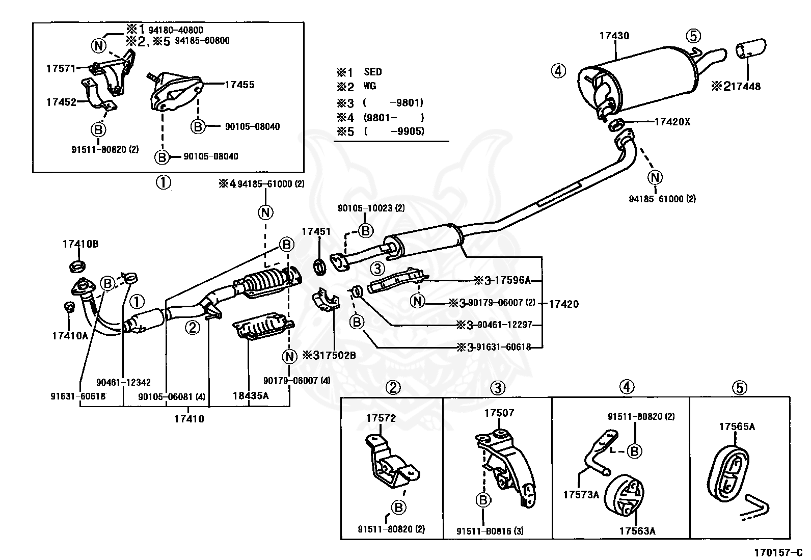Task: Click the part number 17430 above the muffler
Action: [614, 36]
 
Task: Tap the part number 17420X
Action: [672, 122]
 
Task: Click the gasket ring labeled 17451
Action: [320, 266]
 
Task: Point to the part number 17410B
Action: [80, 244]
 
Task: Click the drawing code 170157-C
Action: [778, 552]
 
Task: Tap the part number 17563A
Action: [637, 531]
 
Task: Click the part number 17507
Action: [499, 413]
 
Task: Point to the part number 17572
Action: [381, 418]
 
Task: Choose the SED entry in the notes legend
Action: [373, 72]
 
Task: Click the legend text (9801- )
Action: [393, 117]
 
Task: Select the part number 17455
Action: [239, 85]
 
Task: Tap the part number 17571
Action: [61, 68]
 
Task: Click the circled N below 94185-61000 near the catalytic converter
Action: [265, 212]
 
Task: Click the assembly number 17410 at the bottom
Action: [189, 419]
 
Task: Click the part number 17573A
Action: [581, 494]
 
